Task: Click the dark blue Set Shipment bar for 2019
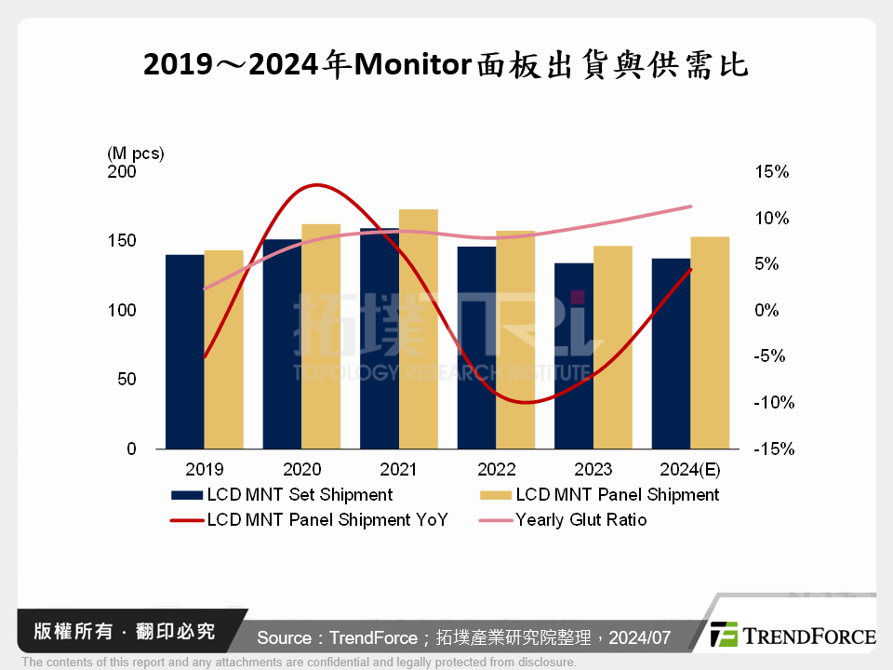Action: (x=184, y=354)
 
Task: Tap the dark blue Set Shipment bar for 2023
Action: (x=573, y=358)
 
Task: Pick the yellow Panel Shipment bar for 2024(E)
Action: (x=710, y=344)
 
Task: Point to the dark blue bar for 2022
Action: (x=476, y=349)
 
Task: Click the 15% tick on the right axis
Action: (x=772, y=172)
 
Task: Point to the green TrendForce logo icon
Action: (x=724, y=635)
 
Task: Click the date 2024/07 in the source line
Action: (x=642, y=637)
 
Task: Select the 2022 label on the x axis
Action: (x=496, y=469)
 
